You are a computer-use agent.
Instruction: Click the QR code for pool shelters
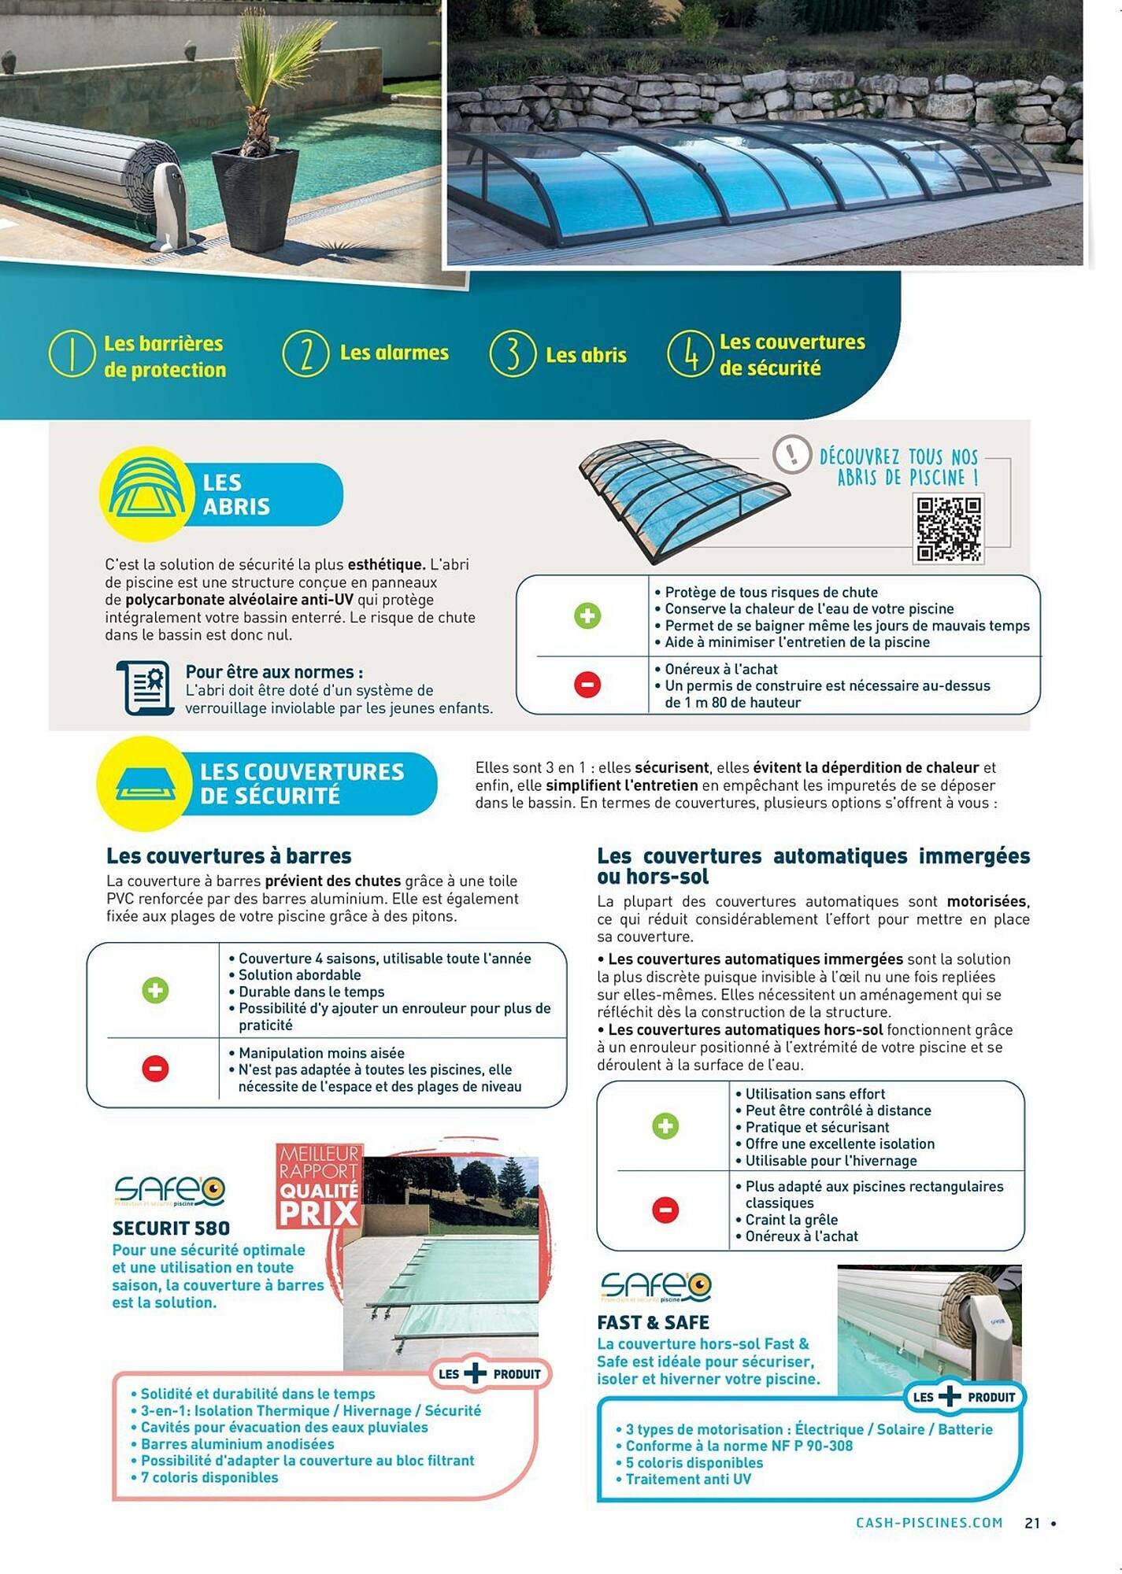coord(949,528)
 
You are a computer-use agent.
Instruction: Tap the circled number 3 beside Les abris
coord(513,354)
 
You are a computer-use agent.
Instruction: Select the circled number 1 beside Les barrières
coord(72,354)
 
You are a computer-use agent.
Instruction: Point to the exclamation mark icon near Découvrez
coord(791,454)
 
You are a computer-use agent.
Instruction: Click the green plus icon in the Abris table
coord(587,615)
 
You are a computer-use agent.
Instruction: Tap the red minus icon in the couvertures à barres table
coord(155,1068)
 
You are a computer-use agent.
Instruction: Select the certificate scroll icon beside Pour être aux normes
coord(146,688)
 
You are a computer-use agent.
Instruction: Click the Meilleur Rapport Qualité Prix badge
coord(319,1186)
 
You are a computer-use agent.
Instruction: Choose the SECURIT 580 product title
coord(171,1228)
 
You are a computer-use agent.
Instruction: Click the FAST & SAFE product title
coord(653,1322)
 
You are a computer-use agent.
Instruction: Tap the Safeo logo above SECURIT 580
coord(169,1192)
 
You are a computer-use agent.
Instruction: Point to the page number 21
coord(1032,1523)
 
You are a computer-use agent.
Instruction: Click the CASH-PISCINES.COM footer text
coord(929,1523)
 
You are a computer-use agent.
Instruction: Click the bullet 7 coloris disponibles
coord(209,1477)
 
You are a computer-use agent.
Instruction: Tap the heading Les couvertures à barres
coord(229,855)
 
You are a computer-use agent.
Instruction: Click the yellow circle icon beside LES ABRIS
coord(146,493)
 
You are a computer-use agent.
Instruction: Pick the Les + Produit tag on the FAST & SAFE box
coord(963,1397)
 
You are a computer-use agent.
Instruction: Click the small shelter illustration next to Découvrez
coord(681,500)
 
